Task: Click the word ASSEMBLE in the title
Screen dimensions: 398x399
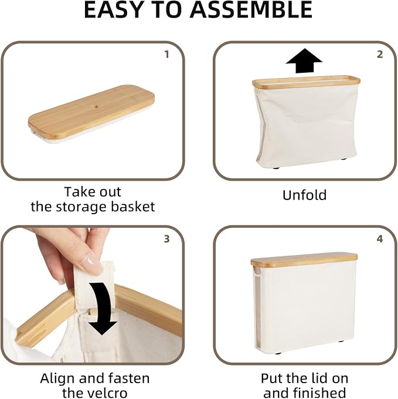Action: pyautogui.click(x=251, y=9)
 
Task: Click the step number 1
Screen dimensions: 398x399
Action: pyautogui.click(x=166, y=54)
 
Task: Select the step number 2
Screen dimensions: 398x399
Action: pyautogui.click(x=380, y=54)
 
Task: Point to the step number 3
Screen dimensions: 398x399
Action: pyautogui.click(x=166, y=239)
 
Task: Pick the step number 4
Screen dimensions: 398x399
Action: pyautogui.click(x=380, y=239)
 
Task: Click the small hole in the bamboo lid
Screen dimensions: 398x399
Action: pyautogui.click(x=96, y=106)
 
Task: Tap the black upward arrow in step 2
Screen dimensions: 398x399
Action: pyautogui.click(x=304, y=60)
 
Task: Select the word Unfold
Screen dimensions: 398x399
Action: pyautogui.click(x=304, y=195)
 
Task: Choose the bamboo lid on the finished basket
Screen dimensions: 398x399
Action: pyautogui.click(x=304, y=261)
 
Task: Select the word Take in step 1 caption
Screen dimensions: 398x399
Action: pyautogui.click(x=79, y=192)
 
